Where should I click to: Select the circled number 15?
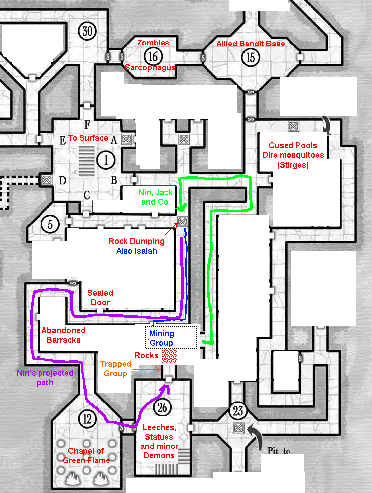pos(251,57)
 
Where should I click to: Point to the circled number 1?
pos(105,159)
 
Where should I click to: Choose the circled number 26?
pos(162,407)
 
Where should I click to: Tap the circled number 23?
pos(238,410)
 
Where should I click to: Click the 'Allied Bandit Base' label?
pos(250,44)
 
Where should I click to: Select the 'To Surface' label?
pos(88,138)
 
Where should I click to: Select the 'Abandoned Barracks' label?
pos(63,335)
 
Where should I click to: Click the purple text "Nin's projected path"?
pos(45,378)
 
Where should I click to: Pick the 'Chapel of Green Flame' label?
pos(89,455)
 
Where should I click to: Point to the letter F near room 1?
pos(87,124)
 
